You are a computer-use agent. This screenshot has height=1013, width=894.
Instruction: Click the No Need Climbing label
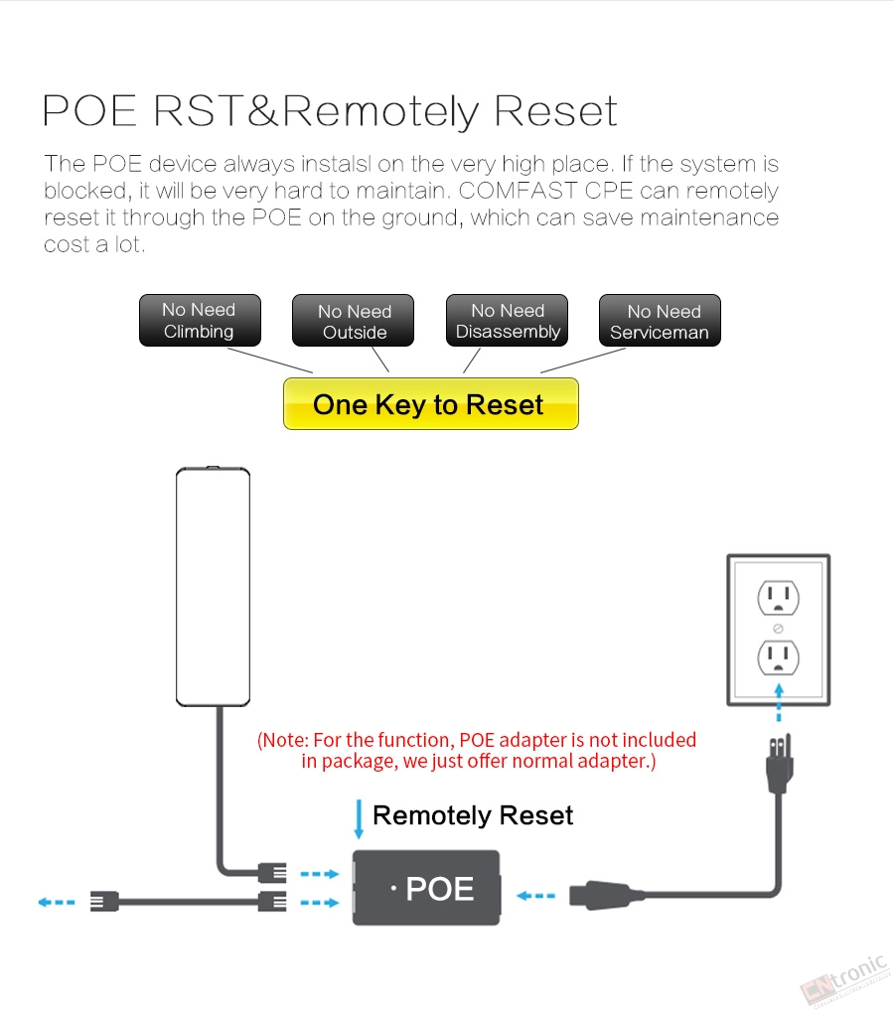coord(199,320)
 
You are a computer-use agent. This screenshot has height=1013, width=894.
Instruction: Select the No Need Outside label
coord(354,322)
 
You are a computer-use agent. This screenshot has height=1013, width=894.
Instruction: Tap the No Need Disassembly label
coord(508,321)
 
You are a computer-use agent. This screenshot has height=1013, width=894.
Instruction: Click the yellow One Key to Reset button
coord(430,404)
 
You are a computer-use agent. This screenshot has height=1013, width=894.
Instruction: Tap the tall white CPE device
coord(213,587)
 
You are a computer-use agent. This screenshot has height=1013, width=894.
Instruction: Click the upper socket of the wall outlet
coord(778,597)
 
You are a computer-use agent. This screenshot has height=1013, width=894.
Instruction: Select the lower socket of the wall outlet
coord(778,656)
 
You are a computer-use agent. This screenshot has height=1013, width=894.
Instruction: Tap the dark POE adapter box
coord(427,888)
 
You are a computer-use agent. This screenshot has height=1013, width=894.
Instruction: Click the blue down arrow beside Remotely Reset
coord(359,819)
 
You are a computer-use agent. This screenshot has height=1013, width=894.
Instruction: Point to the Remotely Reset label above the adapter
coord(473,816)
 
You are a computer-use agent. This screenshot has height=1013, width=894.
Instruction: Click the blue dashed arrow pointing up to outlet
coord(779,701)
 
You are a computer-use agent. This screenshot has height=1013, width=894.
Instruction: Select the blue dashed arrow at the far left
coord(57,902)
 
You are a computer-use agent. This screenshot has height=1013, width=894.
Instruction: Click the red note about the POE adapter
coord(477,751)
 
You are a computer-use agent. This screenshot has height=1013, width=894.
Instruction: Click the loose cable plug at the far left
coord(104,902)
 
